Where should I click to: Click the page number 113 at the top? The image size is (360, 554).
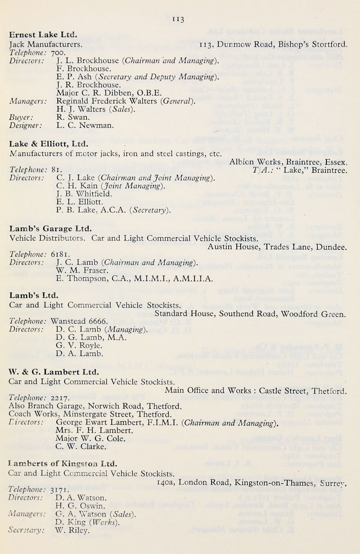coord(178,19)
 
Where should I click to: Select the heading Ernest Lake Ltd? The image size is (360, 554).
coord(44,35)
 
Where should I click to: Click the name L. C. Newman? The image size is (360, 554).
coord(78,126)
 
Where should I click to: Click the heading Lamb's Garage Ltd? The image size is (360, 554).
coord(46,228)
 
